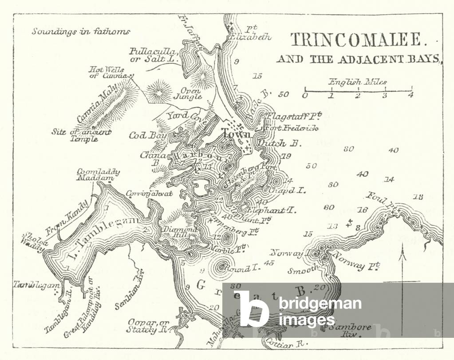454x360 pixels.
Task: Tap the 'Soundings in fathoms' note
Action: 81,32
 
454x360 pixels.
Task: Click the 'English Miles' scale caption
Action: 357,82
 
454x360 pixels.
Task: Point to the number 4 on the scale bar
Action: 411,95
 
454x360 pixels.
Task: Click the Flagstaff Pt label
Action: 293,117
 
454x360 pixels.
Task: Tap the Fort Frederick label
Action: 292,128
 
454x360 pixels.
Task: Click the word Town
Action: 236,134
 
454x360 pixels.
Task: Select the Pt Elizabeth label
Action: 251,34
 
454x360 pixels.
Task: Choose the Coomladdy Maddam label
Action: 92,174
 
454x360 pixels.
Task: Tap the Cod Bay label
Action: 142,135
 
